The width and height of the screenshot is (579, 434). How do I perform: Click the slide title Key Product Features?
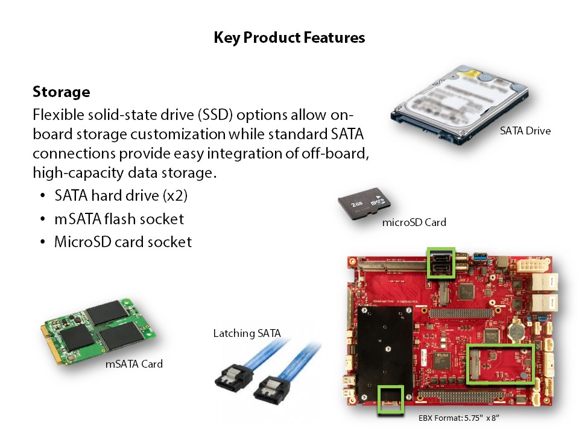pos(289,37)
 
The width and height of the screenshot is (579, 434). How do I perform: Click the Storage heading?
pos(61,92)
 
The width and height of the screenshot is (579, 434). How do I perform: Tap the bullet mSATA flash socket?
pos(119,219)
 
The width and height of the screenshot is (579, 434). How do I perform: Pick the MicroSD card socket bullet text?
pos(122,242)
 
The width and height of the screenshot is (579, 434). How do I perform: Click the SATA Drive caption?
pos(525,131)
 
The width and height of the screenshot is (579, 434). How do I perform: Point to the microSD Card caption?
pos(414,222)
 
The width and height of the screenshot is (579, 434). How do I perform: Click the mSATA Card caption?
pos(134,364)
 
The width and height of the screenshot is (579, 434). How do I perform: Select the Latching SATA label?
pos(247,333)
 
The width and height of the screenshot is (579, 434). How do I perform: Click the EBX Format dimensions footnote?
pos(458,417)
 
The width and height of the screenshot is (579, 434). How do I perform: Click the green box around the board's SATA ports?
pos(440,262)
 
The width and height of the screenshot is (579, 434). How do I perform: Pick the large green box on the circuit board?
pos(501,363)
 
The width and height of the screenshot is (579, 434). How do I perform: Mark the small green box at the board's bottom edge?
pos(391,399)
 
